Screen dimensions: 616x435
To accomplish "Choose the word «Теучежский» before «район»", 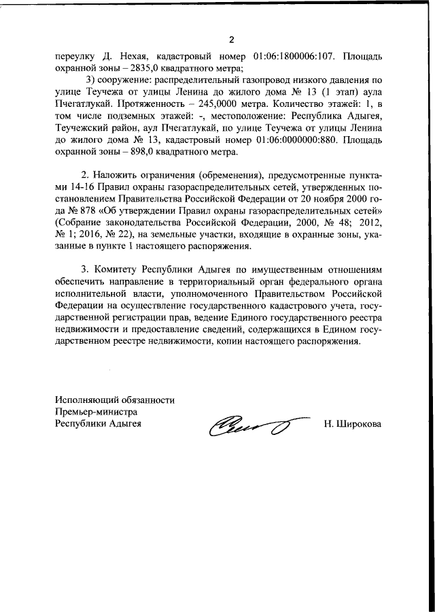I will [84, 130].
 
